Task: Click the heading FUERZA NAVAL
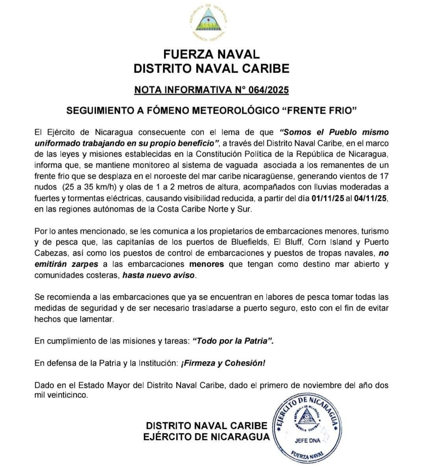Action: (211, 54)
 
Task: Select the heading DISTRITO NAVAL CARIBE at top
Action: (211, 69)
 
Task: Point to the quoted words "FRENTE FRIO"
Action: (319, 111)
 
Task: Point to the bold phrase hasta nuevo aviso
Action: (159, 275)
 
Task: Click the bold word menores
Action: (206, 264)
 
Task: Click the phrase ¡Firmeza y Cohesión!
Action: (223, 363)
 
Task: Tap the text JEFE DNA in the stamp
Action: (308, 440)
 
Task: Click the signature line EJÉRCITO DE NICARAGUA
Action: (207, 437)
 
